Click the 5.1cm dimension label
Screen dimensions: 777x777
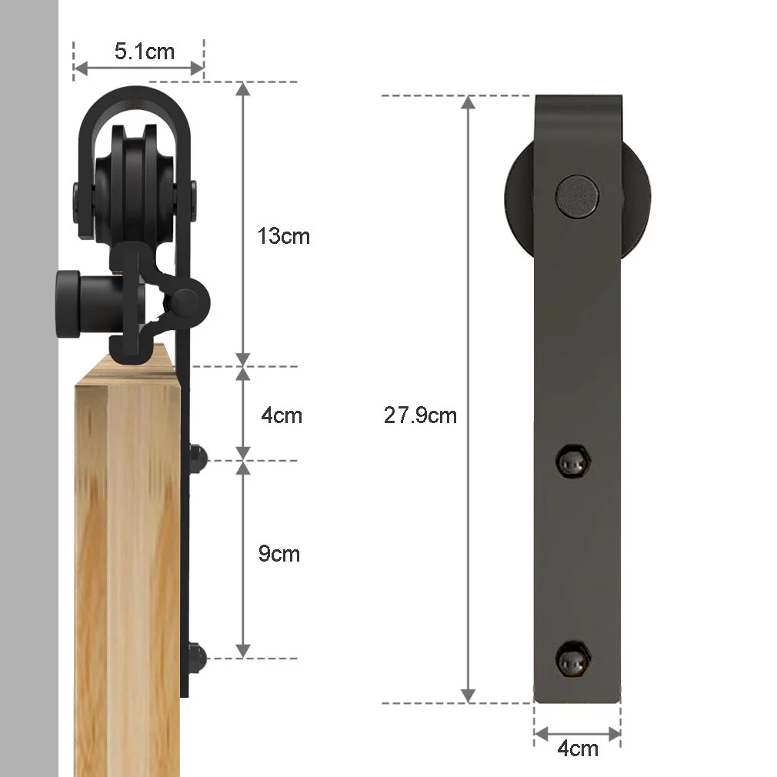click(144, 51)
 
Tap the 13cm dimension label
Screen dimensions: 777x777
click(283, 236)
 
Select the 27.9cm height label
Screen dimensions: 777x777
click(420, 415)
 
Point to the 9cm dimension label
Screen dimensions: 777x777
click(279, 553)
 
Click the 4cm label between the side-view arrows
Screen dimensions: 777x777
click(282, 415)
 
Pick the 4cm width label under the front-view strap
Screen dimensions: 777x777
click(578, 749)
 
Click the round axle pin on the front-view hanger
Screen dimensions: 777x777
click(577, 196)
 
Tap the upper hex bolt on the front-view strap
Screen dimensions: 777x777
click(574, 462)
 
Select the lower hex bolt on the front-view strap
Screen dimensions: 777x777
click(573, 659)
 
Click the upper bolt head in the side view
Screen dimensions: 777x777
click(198, 459)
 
